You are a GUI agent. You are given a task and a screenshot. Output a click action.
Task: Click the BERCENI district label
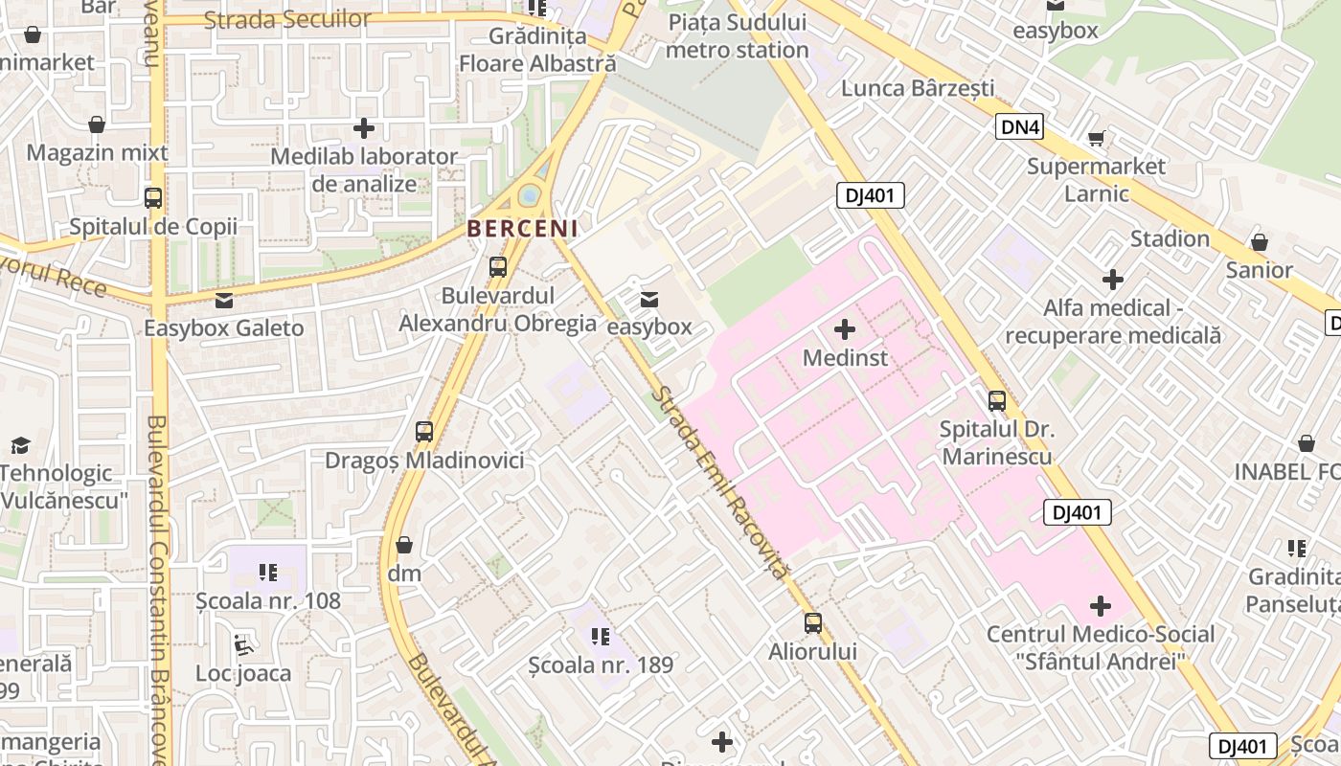[x=522, y=229]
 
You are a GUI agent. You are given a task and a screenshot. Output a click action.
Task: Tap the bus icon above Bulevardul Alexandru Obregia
[x=497, y=267]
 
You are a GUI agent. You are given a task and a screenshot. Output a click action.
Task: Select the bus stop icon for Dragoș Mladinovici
[x=424, y=432]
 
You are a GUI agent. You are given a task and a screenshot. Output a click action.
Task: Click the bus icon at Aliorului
[x=812, y=623]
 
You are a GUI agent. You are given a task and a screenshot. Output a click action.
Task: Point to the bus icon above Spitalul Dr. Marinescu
[x=996, y=401]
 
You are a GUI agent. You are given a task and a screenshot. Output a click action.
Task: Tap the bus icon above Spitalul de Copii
[x=152, y=198]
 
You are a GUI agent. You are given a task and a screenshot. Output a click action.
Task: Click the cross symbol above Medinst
[x=844, y=330]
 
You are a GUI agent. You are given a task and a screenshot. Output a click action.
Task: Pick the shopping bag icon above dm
[x=404, y=546]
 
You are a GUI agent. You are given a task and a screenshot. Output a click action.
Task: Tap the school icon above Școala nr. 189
[x=601, y=636]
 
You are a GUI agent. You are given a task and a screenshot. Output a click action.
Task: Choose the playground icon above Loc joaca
[x=243, y=645]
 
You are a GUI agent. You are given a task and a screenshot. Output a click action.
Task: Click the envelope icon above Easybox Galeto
[x=223, y=301]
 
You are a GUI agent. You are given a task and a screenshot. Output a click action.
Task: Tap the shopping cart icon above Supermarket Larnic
[x=1096, y=139]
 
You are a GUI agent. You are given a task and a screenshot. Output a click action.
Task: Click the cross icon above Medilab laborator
[x=364, y=127]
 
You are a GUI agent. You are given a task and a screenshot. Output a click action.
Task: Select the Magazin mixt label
[x=97, y=152]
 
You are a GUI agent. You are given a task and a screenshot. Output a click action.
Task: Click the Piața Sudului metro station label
[x=737, y=36]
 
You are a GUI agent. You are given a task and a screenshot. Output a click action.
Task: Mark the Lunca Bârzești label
[x=918, y=88]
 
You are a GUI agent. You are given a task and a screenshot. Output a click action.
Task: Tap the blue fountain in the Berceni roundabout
[x=528, y=196]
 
